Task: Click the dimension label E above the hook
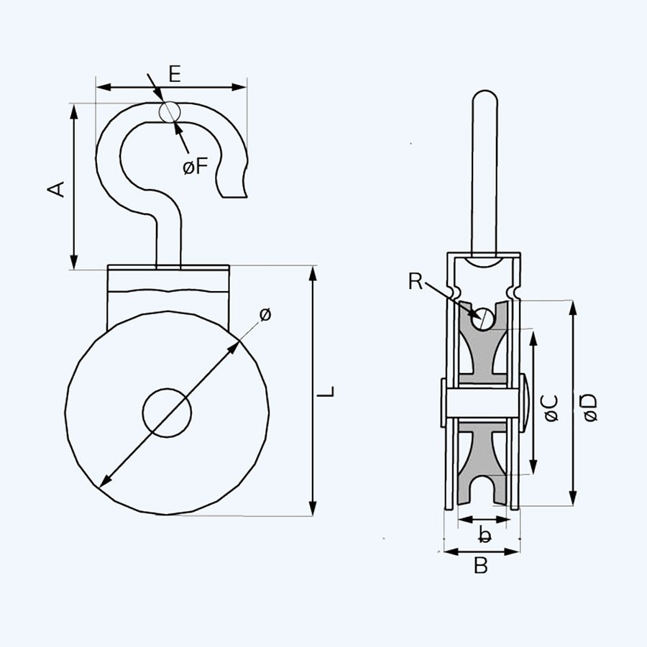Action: (x=174, y=73)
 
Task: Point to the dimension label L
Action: (x=328, y=392)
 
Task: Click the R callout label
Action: (x=416, y=281)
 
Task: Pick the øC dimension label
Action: (x=551, y=408)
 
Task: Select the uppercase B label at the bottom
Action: (x=481, y=566)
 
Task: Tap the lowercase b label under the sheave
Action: (x=485, y=534)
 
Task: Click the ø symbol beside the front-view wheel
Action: (x=265, y=314)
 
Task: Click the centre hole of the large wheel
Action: (x=167, y=413)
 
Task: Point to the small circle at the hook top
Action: (x=170, y=111)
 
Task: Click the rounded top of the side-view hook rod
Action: (x=484, y=97)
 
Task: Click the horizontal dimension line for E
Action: (x=129, y=87)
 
